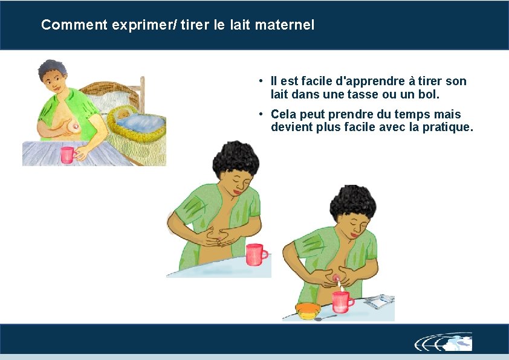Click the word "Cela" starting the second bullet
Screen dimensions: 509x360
coord(283,114)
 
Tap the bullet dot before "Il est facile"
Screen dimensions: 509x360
coord(261,80)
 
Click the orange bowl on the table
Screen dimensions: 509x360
coord(308,310)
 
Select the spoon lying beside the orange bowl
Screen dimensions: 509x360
coord(326,318)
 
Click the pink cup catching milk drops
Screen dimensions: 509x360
coord(342,302)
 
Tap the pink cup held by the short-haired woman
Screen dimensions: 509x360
coord(68,155)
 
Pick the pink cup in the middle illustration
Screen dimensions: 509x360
coord(256,254)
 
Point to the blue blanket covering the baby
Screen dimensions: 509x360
coord(142,122)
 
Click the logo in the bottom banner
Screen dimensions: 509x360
coord(444,342)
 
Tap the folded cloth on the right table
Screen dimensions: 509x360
coord(380,301)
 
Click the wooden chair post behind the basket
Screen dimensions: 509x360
coord(142,94)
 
